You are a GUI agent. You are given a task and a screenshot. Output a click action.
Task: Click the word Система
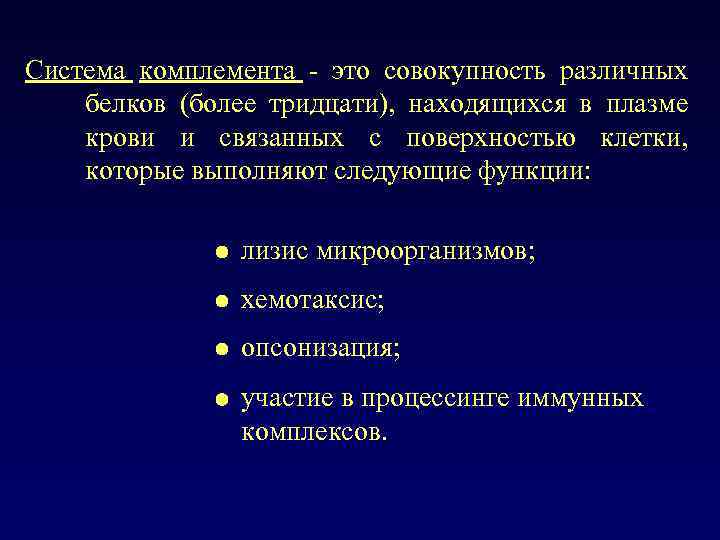77,73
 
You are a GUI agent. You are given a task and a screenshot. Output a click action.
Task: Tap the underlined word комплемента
218,73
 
